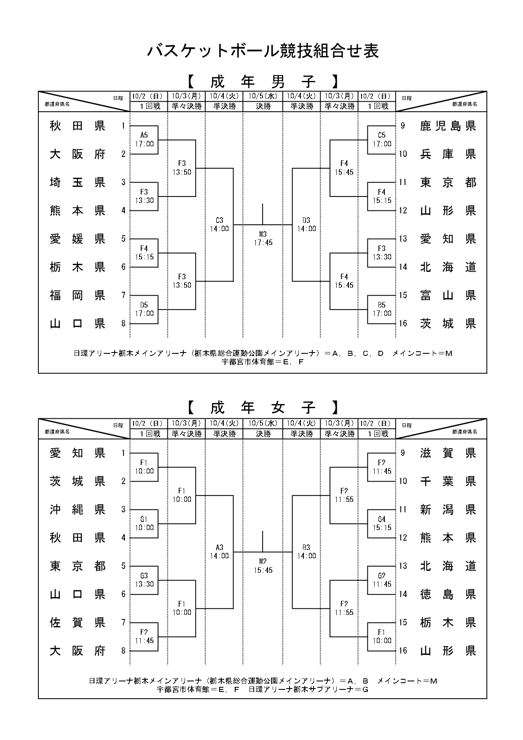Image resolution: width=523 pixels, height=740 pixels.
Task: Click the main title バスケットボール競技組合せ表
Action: pyautogui.click(x=263, y=51)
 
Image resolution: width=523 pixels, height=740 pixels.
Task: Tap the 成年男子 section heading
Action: pyautogui.click(x=263, y=81)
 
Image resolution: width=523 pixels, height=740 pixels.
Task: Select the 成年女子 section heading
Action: pyautogui.click(x=263, y=408)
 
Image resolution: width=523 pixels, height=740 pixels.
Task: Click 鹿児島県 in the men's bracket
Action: pyautogui.click(x=448, y=126)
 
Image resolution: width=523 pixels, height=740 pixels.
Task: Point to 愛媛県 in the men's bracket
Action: pyautogui.click(x=78, y=239)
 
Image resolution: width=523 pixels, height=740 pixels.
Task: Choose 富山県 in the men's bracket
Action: pyautogui.click(x=448, y=295)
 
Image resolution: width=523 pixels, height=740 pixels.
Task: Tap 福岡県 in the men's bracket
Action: pyautogui.click(x=78, y=295)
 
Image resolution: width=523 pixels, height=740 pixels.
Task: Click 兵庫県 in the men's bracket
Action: pyautogui.click(x=448, y=154)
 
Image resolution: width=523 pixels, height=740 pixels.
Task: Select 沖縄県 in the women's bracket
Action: pyautogui.click(x=78, y=509)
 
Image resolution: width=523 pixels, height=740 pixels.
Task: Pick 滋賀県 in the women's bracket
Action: pyautogui.click(x=448, y=453)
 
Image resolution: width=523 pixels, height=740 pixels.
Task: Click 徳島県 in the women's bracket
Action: pyautogui.click(x=448, y=594)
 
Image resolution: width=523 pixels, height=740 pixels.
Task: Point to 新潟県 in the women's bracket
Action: pyautogui.click(x=448, y=509)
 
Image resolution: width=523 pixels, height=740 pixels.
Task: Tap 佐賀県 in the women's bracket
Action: pyautogui.click(x=78, y=622)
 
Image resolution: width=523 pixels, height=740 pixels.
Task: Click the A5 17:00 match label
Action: pyautogui.click(x=144, y=140)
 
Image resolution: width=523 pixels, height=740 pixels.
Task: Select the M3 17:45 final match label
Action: pyautogui.click(x=263, y=239)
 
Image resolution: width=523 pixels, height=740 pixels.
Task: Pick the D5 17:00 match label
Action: pyautogui.click(x=144, y=309)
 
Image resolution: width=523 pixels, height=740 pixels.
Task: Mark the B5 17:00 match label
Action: pyautogui.click(x=382, y=309)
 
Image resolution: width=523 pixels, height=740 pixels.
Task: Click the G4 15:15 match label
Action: pyautogui.click(x=382, y=523)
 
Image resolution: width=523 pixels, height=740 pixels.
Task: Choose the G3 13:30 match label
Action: pyautogui.click(x=144, y=580)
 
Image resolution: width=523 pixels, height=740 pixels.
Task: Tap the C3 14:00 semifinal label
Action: pyautogui.click(x=219, y=224)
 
